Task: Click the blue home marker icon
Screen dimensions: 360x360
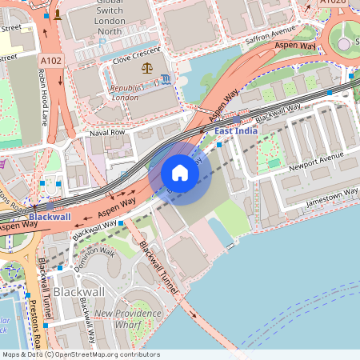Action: point(180,172)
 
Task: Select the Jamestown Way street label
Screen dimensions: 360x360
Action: point(331,197)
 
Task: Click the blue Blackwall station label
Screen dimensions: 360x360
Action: point(50,217)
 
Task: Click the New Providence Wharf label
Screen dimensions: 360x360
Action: point(128,319)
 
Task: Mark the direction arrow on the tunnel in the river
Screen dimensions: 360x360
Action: point(194,314)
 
